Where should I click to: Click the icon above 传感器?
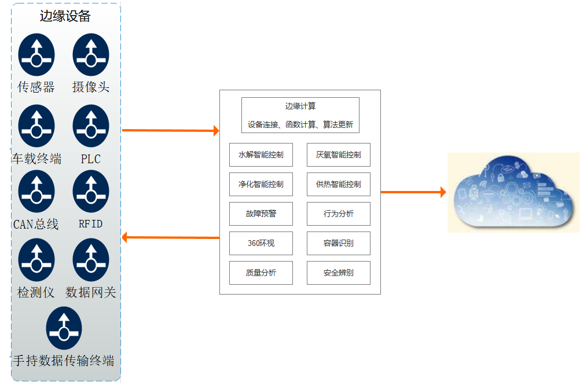pos(36,54)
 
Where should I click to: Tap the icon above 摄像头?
pos(91,54)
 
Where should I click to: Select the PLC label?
pos(91,159)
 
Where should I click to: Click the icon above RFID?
pos(91,192)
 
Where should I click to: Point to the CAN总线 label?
pos(36,224)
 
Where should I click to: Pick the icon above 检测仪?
pos(36,260)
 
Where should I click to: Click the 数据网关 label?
pos(91,292)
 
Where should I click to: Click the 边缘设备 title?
pos(65,16)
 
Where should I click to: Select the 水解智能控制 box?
pos(261,155)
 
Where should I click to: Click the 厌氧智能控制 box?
pos(339,155)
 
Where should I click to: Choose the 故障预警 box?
pos(261,214)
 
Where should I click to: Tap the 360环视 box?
pos(261,243)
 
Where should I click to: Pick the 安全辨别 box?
pos(339,273)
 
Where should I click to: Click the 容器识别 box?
pos(339,243)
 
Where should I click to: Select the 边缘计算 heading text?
pos(300,106)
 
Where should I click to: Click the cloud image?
pos(513,192)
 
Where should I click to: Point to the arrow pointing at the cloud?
pos(413,192)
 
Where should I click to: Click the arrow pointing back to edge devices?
pos(170,237)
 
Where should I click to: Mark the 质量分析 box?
pos(261,273)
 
